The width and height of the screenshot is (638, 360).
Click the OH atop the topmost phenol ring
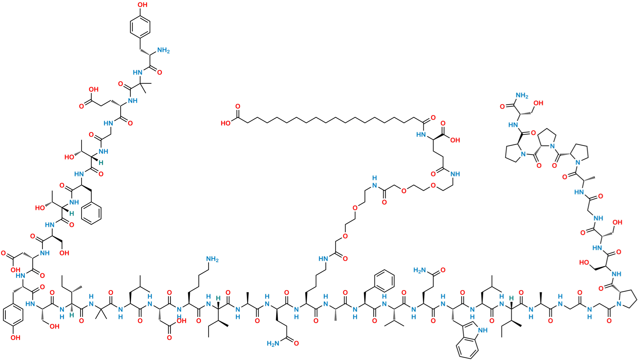pos(143,5)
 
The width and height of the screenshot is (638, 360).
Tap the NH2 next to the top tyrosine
pos(163,51)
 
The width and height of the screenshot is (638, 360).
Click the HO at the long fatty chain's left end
pos(225,123)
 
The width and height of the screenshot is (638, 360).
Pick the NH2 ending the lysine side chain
pos(213,259)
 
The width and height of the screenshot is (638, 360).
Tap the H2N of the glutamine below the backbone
pos(273,344)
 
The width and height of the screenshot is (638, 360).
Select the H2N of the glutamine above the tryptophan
pos(420,270)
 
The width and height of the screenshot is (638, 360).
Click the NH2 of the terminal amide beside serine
pos(522,95)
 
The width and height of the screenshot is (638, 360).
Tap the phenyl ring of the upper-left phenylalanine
pos(92,212)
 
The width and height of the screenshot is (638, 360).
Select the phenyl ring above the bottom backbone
pos(384,280)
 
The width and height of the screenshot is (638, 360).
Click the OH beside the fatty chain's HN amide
pos(455,141)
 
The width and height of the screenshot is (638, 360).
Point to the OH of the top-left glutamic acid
pos(93,89)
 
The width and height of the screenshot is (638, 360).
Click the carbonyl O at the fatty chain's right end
pos(433,117)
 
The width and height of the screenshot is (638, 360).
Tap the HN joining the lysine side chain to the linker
pos(323,258)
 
